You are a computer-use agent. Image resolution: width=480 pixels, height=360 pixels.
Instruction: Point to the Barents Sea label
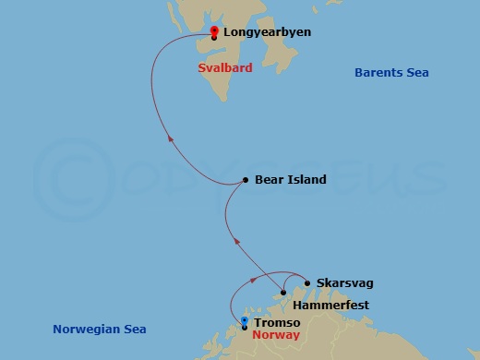click(x=392, y=73)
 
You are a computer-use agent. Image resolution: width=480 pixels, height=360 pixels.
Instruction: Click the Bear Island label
click(x=291, y=180)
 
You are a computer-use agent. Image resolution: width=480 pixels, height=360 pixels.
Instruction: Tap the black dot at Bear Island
click(x=245, y=180)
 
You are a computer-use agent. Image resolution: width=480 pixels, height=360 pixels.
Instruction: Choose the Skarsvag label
click(x=344, y=283)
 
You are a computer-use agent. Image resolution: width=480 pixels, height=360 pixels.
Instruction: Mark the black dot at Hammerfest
click(x=284, y=293)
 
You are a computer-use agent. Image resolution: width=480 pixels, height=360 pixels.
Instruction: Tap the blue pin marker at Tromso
click(x=244, y=322)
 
